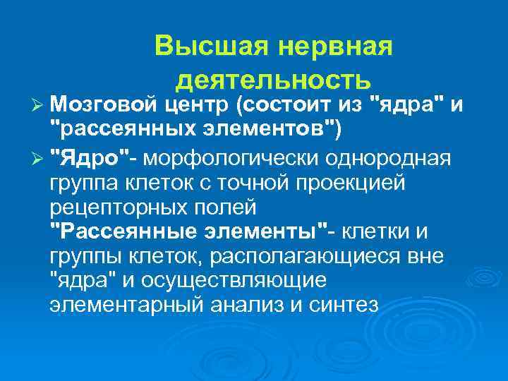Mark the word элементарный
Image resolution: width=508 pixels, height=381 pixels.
129,306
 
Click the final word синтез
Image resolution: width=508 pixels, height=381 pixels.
342,306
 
